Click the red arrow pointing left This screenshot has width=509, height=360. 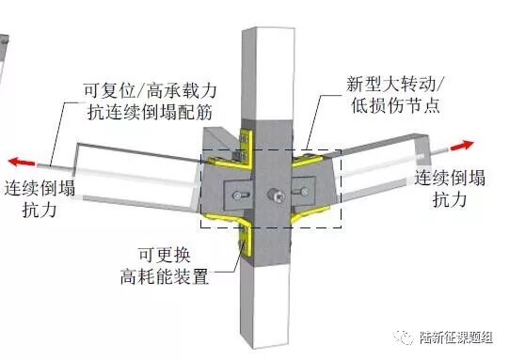[x=22, y=162]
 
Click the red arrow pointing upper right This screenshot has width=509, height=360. [x=462, y=145]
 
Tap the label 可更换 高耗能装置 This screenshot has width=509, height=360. [x=165, y=266]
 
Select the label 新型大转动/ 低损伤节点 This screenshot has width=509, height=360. [x=395, y=94]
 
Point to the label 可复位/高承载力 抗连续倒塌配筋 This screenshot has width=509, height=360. [x=150, y=102]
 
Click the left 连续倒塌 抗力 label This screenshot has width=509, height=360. [x=40, y=197]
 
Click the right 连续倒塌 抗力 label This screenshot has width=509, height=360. [x=450, y=188]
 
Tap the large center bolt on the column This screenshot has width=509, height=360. [x=276, y=196]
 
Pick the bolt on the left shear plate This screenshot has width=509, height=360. [x=239, y=196]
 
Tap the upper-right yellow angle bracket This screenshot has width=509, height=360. [x=307, y=160]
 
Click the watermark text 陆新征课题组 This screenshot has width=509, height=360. [x=455, y=337]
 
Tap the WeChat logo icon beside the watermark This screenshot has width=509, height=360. [x=404, y=337]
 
